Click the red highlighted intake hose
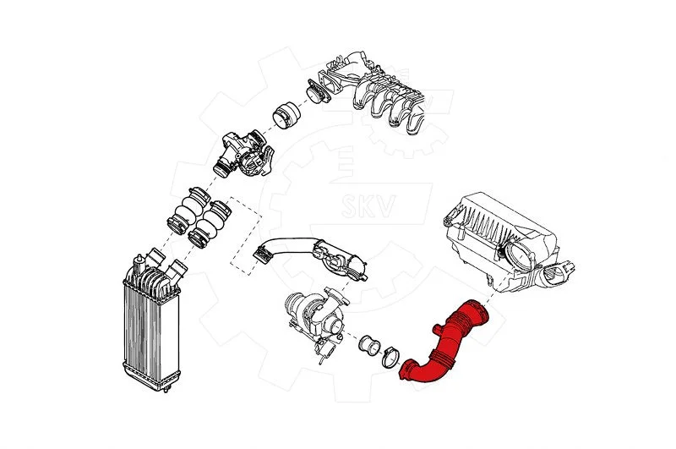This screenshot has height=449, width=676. pos(449,345)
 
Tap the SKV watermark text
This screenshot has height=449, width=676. pos(368,205)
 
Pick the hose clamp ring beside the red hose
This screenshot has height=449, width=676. pos(390,358)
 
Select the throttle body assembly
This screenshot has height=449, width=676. pos(244,154)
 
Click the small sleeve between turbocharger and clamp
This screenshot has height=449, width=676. pos(369,346)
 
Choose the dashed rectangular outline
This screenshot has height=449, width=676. pos(245,236)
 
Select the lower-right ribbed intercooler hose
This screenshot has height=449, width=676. pos(210,223)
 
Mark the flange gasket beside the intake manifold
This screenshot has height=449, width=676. pos(319,91)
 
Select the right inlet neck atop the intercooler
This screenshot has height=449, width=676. pos(177,271)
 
